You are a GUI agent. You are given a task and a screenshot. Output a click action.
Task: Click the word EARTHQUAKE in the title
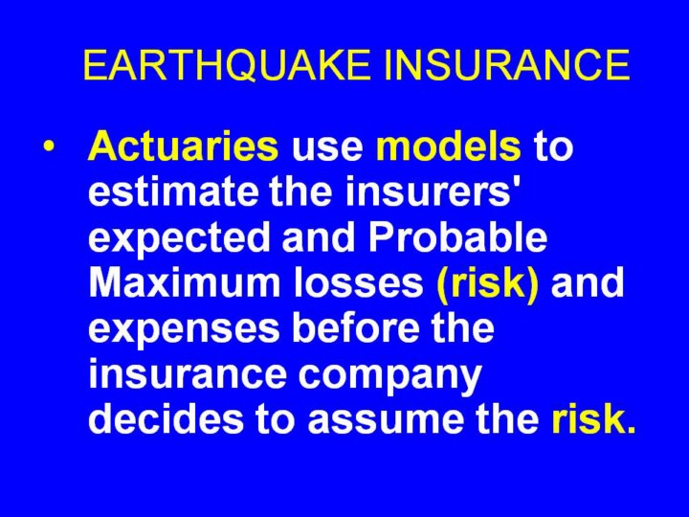[x=226, y=65]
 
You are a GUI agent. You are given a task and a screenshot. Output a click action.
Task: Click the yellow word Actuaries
[x=183, y=146]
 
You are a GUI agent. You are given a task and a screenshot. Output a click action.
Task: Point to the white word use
[x=328, y=149]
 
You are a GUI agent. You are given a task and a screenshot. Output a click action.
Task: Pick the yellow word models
[x=449, y=146]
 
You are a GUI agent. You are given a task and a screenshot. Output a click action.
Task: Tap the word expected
[x=179, y=238]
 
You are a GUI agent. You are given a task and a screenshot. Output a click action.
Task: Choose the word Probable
[x=457, y=236]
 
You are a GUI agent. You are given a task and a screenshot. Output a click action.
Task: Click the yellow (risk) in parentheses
[x=487, y=283]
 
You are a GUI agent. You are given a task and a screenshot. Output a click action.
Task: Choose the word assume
[x=387, y=422]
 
